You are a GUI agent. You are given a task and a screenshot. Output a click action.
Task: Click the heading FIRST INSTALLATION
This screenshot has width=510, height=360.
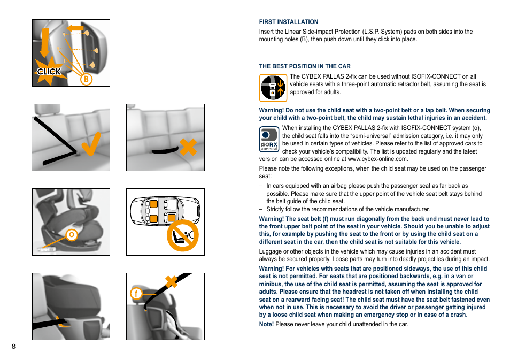point(289,22)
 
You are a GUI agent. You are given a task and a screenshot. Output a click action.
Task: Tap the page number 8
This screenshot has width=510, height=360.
point(14,346)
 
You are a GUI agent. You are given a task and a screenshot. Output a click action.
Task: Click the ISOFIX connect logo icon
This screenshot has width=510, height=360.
point(269,139)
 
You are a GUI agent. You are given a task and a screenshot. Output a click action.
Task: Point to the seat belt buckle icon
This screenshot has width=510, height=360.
point(273,88)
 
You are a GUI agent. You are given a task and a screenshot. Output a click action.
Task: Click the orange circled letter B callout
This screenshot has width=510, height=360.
point(85,79)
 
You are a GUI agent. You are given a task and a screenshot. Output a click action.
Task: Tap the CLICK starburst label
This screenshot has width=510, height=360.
point(49,72)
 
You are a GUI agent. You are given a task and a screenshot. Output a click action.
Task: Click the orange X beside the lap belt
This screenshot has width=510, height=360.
point(188,146)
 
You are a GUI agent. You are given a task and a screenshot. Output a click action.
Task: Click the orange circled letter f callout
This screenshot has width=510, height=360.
point(136,293)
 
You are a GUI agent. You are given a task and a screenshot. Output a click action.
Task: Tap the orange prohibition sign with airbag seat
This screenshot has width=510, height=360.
point(182,235)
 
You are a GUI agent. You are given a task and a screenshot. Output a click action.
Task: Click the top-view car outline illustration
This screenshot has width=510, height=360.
point(160,210)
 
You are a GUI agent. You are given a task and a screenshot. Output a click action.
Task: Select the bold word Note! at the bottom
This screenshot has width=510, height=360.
point(266,324)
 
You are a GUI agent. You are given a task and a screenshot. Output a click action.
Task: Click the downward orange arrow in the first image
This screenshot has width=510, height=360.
point(45,43)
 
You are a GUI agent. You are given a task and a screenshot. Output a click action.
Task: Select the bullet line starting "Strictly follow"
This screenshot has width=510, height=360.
point(347,209)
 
